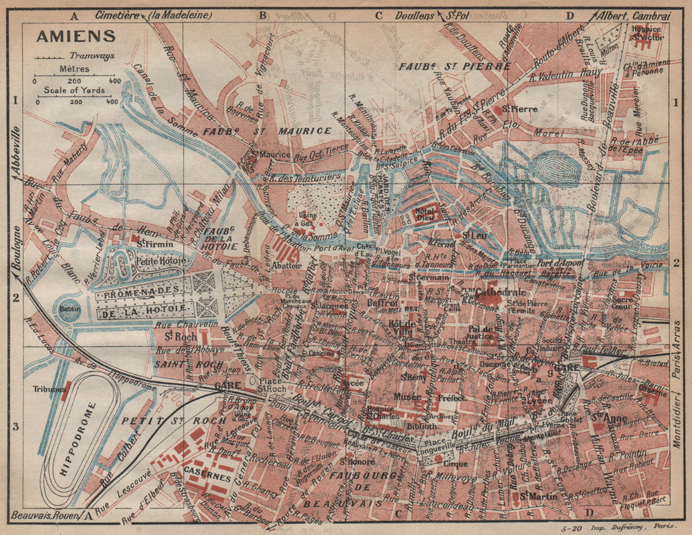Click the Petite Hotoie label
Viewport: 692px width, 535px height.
click(x=161, y=261)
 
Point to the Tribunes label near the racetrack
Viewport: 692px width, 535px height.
click(x=45, y=388)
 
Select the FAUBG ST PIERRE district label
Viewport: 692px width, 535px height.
click(x=454, y=66)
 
